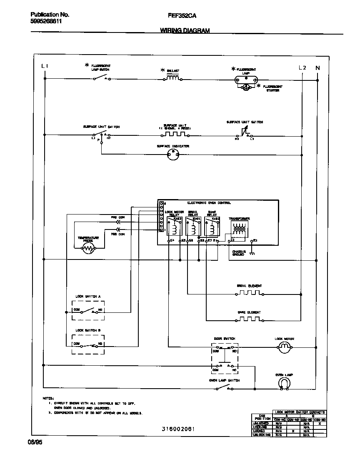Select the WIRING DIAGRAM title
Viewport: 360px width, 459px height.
point(185,30)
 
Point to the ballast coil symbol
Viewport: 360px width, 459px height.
point(172,77)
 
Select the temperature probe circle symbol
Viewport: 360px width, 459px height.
point(88,249)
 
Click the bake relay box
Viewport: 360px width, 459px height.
point(212,227)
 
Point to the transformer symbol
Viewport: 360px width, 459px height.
point(239,229)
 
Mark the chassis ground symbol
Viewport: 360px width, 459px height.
point(252,253)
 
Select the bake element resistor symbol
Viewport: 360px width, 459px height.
point(249,320)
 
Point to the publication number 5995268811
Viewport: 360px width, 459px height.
point(46,22)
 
